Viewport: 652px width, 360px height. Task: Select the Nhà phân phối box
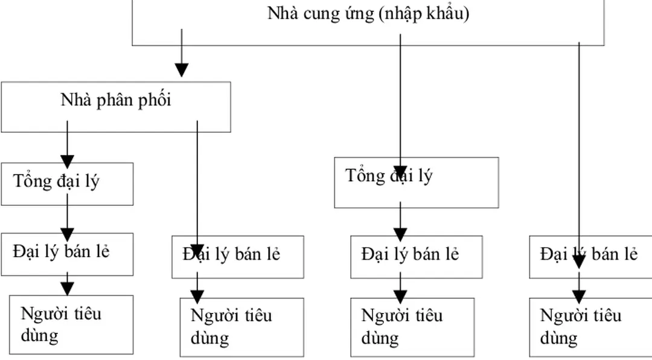115,107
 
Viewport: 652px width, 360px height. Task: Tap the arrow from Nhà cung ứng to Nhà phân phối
182,54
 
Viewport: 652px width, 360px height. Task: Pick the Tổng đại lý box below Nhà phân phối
66,184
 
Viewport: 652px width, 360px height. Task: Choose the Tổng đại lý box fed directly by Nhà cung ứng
417,182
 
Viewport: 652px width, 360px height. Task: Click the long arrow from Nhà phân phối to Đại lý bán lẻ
197,181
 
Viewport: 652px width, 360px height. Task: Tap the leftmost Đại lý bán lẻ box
66,254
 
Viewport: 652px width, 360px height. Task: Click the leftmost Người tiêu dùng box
71,324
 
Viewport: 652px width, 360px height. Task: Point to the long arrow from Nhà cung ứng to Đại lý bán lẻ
579,151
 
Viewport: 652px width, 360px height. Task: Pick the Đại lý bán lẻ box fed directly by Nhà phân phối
237,257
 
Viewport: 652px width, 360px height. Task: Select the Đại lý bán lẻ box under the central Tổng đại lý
416,257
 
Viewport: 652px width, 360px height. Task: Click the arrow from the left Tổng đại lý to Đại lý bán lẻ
67,219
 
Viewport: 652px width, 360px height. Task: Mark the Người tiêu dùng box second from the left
241,327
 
